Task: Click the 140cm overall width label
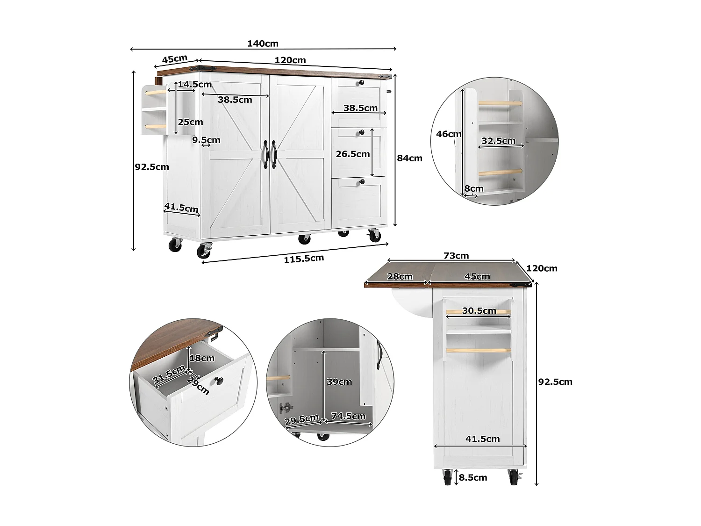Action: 263,43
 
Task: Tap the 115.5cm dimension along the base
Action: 304,259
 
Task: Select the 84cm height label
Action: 409,158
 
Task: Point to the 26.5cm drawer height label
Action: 352,154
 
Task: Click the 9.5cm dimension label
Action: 206,140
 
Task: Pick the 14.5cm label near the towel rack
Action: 194,84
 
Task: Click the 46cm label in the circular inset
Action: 449,134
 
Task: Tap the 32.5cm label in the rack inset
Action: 498,141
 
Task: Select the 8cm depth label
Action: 473,188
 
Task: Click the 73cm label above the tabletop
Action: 456,255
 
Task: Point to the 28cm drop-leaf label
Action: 400,276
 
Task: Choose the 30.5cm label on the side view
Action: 479,311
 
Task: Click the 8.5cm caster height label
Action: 472,477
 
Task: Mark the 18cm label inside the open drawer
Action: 202,358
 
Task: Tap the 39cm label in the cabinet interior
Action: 339,382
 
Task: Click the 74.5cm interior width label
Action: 348,416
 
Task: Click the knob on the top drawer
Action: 361,83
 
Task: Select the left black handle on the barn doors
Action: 265,155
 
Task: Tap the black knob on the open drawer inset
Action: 219,381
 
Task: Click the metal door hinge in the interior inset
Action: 286,408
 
